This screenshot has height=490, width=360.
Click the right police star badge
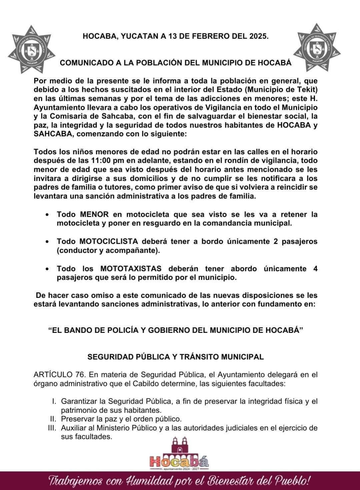[x=317, y=47]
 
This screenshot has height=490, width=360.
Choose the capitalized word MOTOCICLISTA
[x=108, y=241]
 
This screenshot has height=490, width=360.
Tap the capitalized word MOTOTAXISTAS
[x=131, y=268]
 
